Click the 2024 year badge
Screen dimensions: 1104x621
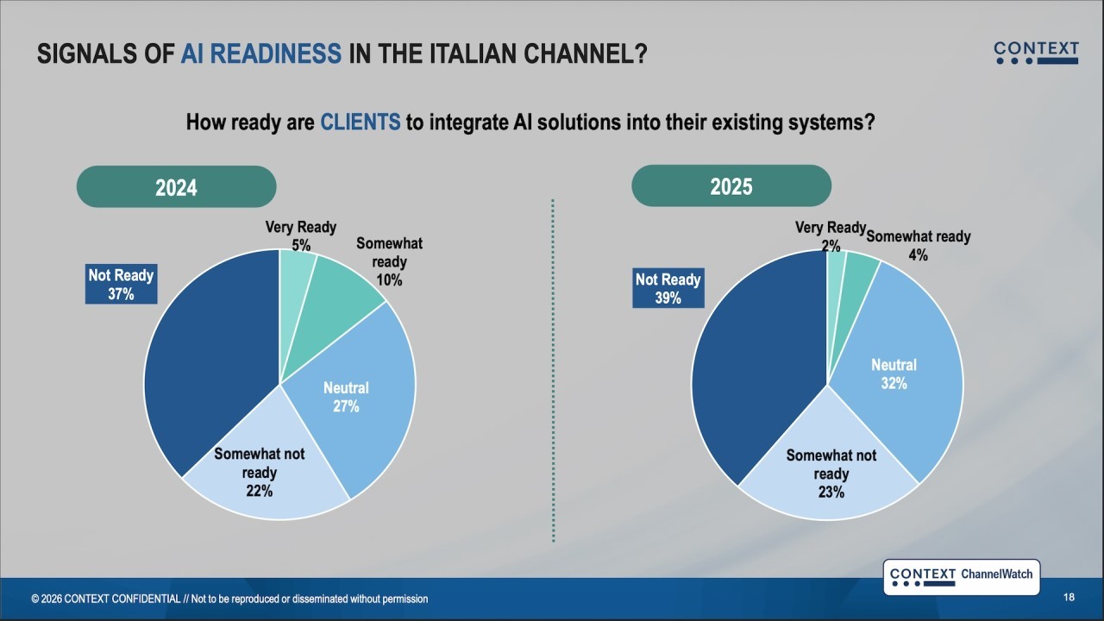click(x=177, y=187)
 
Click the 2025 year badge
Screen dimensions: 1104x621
click(x=731, y=185)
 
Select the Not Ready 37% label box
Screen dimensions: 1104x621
click(x=122, y=284)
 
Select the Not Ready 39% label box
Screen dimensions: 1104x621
click(x=668, y=288)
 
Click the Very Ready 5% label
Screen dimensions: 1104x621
click(x=301, y=236)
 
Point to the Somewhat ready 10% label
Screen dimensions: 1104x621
click(x=389, y=261)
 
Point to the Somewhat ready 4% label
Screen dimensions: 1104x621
click(x=919, y=246)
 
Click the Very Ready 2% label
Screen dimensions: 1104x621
click(x=831, y=236)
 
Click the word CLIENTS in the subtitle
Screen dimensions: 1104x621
click(x=361, y=122)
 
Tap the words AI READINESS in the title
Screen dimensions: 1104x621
click(x=261, y=53)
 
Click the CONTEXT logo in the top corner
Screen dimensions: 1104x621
click(x=1036, y=53)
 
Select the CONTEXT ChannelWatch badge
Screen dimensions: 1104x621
click(x=962, y=577)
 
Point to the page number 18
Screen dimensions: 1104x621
click(x=1069, y=598)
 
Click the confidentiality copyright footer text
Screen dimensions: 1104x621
click(x=229, y=599)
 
